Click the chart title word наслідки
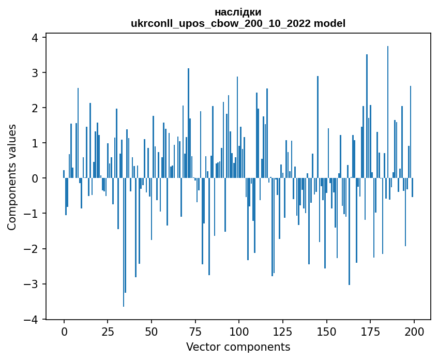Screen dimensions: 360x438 238,12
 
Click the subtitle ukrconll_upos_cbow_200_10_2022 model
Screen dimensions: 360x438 238,23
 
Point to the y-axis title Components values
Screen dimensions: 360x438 11,177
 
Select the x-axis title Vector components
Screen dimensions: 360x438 238,347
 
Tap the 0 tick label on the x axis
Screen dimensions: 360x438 64,331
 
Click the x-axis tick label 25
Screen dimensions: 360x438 108,331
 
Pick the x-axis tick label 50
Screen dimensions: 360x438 152,331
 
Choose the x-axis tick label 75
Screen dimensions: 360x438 195,331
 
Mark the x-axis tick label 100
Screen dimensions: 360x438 239,331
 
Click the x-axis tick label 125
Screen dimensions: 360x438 282,331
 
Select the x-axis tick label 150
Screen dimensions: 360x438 326,331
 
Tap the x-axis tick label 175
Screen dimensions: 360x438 370,331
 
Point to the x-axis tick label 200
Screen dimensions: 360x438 414,331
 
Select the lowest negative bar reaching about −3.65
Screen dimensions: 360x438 124,242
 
